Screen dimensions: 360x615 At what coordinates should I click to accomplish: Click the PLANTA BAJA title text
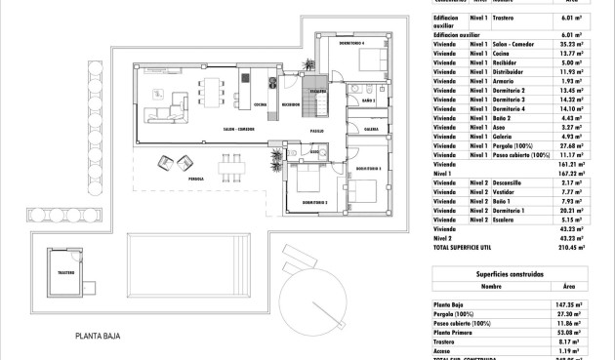coord(98,336)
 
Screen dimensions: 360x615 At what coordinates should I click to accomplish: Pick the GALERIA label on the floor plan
coord(371,129)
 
